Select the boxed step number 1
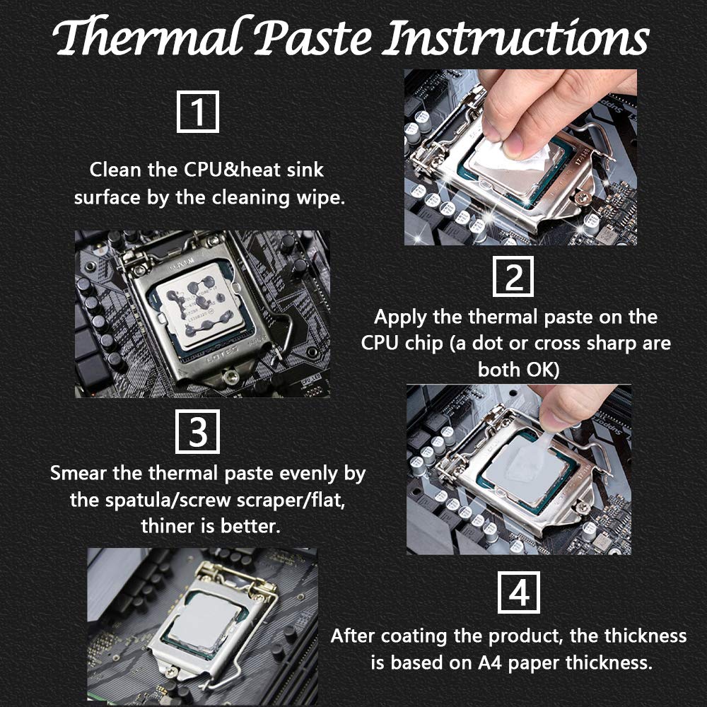tap(197, 112)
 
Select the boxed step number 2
tap(513, 276)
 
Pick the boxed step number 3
tap(197, 431)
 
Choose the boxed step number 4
tap(518, 592)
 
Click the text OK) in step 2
tap(543, 370)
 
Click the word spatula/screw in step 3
tap(168, 501)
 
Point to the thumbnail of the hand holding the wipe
tap(520, 157)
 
